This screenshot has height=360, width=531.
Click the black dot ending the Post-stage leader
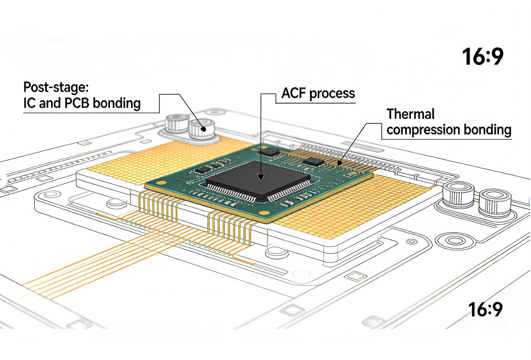click(x=202, y=130)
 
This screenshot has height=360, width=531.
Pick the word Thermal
click(x=410, y=114)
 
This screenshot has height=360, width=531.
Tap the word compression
click(x=422, y=130)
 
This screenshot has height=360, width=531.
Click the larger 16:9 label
click(x=482, y=57)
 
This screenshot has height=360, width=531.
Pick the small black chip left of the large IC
click(x=202, y=169)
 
